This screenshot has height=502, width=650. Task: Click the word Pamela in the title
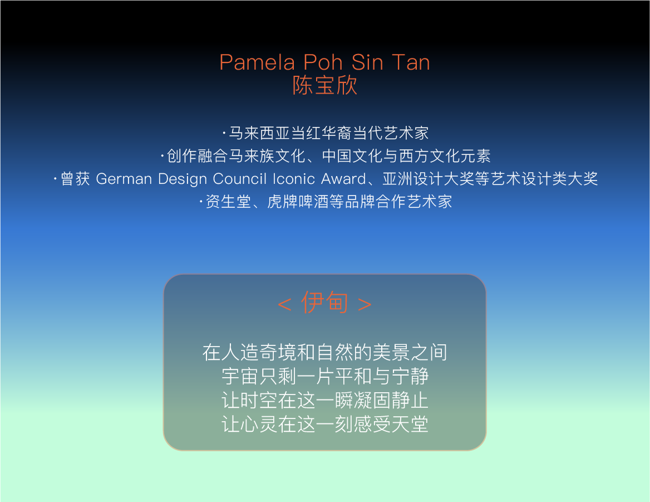257,62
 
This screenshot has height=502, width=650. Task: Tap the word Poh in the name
323,62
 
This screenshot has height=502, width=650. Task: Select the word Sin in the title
367,62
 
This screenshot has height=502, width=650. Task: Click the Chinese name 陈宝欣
324,85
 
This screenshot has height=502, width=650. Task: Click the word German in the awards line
124,179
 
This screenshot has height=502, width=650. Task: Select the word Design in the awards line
183,179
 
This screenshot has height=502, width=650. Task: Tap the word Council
240,179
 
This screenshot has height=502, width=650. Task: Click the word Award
344,179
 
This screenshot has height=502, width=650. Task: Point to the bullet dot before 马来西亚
224,133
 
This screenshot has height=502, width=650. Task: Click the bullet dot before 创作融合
162,156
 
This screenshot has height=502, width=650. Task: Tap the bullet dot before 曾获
55,179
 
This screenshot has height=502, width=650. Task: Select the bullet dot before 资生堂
201,202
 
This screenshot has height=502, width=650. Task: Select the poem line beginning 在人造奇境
324,352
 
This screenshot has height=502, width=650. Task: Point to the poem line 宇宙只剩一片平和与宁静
324,376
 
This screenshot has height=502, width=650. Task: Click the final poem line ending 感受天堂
324,424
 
